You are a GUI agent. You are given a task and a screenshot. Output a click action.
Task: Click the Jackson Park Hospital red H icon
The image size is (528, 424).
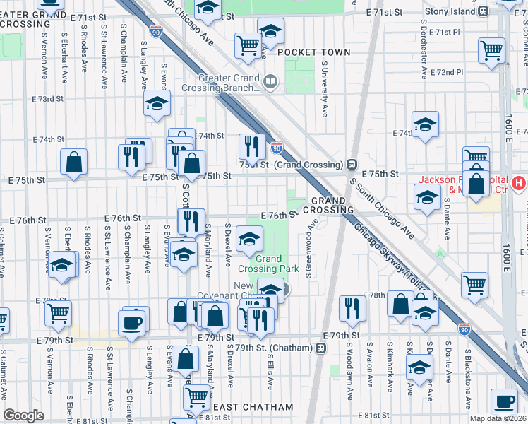pyautogui.click(x=519, y=184)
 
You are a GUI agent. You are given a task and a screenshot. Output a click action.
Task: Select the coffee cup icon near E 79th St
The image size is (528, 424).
pyautogui.click(x=133, y=323)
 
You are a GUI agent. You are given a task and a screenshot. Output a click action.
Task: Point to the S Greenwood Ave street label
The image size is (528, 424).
pyautogui.click(x=309, y=247)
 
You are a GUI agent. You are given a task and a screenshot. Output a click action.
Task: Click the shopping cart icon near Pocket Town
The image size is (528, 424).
pyautogui.click(x=248, y=45)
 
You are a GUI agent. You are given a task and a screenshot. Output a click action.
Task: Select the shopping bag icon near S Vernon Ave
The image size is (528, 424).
pyautogui.click(x=73, y=162)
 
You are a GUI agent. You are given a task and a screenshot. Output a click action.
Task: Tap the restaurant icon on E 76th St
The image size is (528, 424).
pyautogui.click(x=191, y=221)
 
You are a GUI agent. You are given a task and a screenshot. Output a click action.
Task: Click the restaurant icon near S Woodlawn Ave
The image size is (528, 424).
pyautogui.click(x=351, y=308)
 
